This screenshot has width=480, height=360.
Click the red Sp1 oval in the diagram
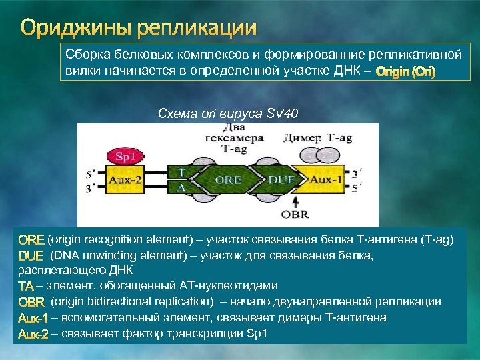[125, 157]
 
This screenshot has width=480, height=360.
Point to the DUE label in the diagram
[280, 181]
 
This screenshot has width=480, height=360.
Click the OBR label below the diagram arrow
[294, 215]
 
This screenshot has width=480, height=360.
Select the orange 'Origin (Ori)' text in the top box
[405, 72]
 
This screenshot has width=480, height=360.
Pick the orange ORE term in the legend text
[31, 239]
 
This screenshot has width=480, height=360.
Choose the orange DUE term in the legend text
[31, 255]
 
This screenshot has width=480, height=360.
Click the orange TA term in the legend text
[26, 286]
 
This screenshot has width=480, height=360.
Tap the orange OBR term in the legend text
[31, 302]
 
